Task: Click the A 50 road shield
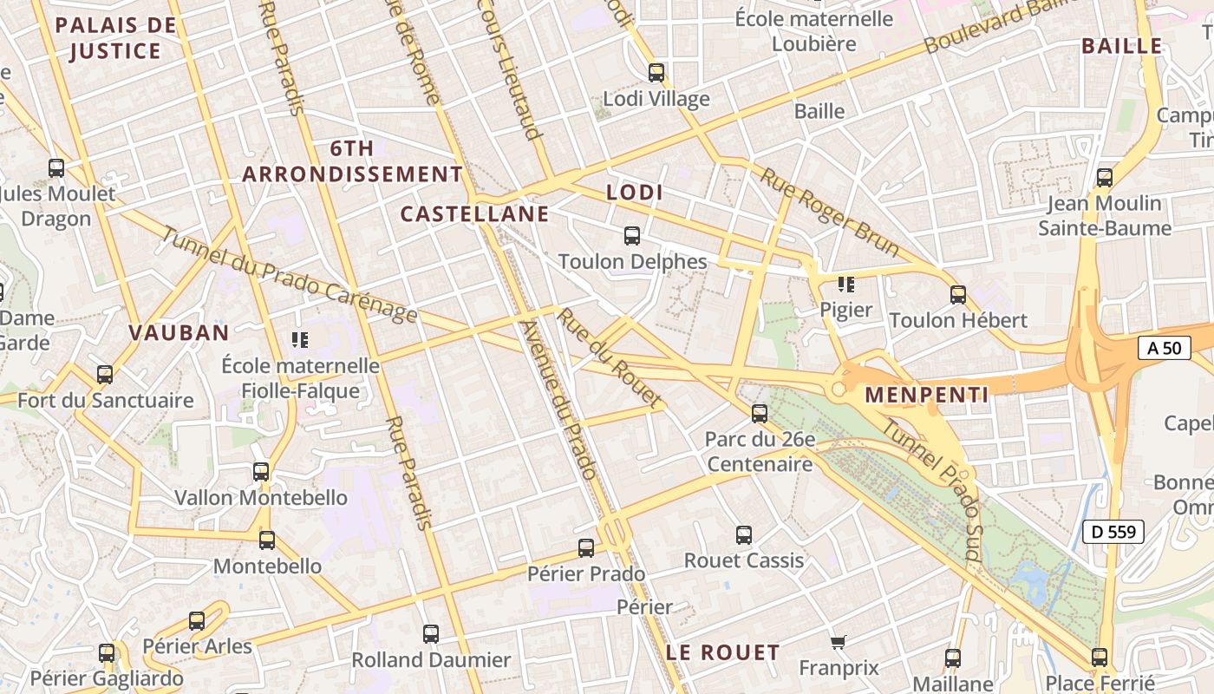pos(1163,348)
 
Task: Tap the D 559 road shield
pos(1114,532)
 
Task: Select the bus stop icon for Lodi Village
pos(656,73)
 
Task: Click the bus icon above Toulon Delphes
pos(632,235)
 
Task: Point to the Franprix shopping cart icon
pos(838,642)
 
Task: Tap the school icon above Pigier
pos(845,284)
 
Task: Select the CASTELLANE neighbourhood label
pos(474,213)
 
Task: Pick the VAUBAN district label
pos(179,332)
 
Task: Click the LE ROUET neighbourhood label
pos(723,652)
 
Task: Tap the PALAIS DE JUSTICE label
pos(115,38)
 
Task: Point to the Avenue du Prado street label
pos(558,400)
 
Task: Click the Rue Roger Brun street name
pos(830,213)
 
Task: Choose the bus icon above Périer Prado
pos(586,548)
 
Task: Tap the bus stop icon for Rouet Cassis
pos(744,535)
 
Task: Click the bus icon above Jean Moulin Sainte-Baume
pos(1105,178)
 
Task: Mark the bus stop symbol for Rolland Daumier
pos(431,634)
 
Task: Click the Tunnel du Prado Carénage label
pos(289,277)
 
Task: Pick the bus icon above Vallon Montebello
pos(261,472)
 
